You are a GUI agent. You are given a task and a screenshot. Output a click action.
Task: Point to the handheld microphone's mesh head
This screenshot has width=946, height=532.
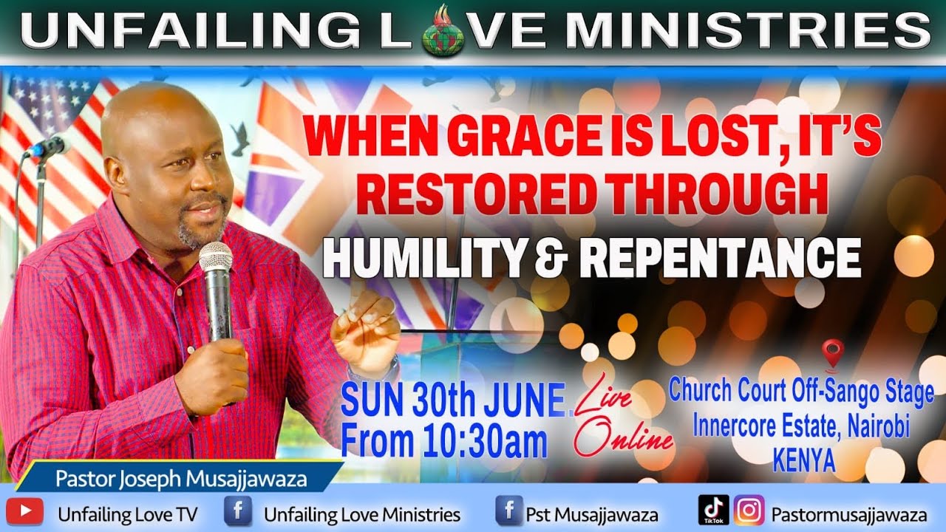tap(215, 257)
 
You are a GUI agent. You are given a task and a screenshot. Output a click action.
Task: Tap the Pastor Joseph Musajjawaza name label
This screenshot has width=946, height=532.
tap(181, 479)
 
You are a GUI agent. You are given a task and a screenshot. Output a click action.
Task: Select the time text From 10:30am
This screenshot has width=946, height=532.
tap(443, 442)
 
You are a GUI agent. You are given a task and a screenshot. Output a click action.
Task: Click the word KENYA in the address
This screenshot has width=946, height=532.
tap(803, 461)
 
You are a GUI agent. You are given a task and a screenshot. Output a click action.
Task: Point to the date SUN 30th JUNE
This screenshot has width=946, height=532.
tap(452, 403)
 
